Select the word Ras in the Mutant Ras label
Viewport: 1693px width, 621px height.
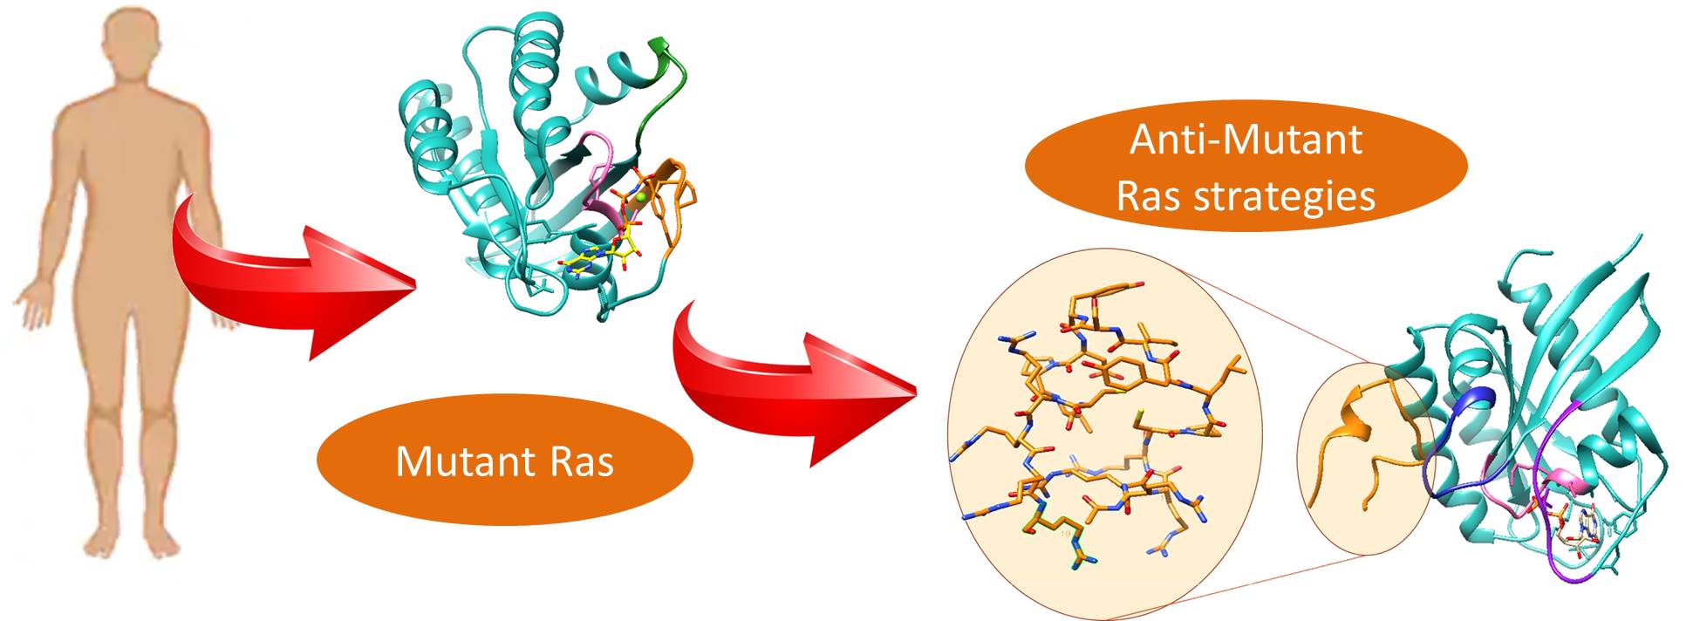tap(582, 461)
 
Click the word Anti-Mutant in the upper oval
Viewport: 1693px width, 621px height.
tap(1246, 140)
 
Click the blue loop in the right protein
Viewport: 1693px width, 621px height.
tap(1448, 436)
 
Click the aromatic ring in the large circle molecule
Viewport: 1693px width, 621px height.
tap(1124, 375)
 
